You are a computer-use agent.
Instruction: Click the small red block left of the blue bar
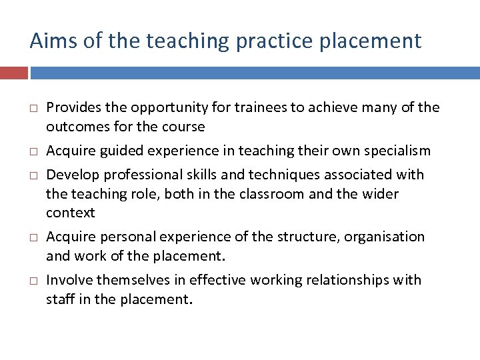click(14, 72)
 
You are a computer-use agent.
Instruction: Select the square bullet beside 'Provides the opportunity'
click(32, 108)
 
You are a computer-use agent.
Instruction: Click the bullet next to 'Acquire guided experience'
click(32, 151)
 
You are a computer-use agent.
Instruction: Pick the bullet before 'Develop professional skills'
click(32, 175)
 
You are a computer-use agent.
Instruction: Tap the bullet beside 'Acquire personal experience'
click(32, 237)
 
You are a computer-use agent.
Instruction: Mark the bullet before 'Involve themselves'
click(32, 281)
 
